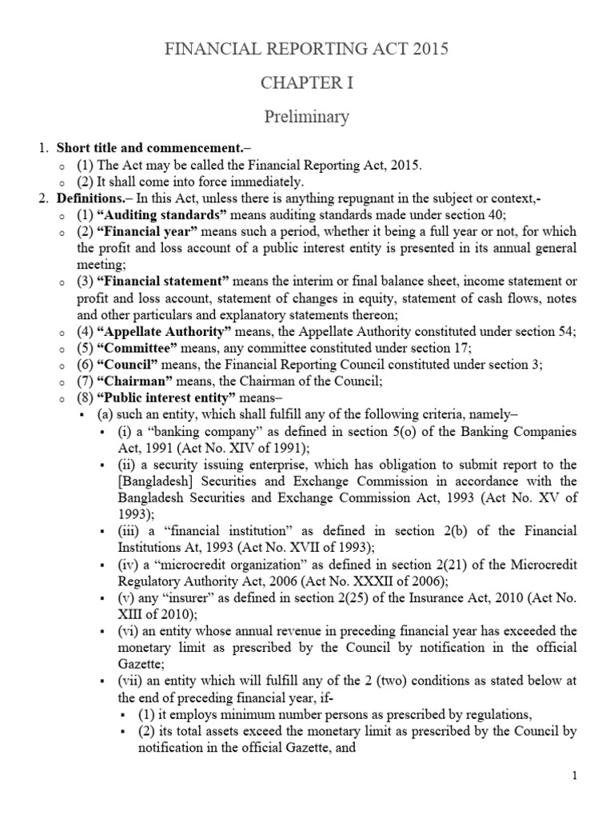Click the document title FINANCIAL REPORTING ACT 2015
(x=306, y=50)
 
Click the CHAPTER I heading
(x=306, y=83)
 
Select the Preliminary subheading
(x=306, y=117)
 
